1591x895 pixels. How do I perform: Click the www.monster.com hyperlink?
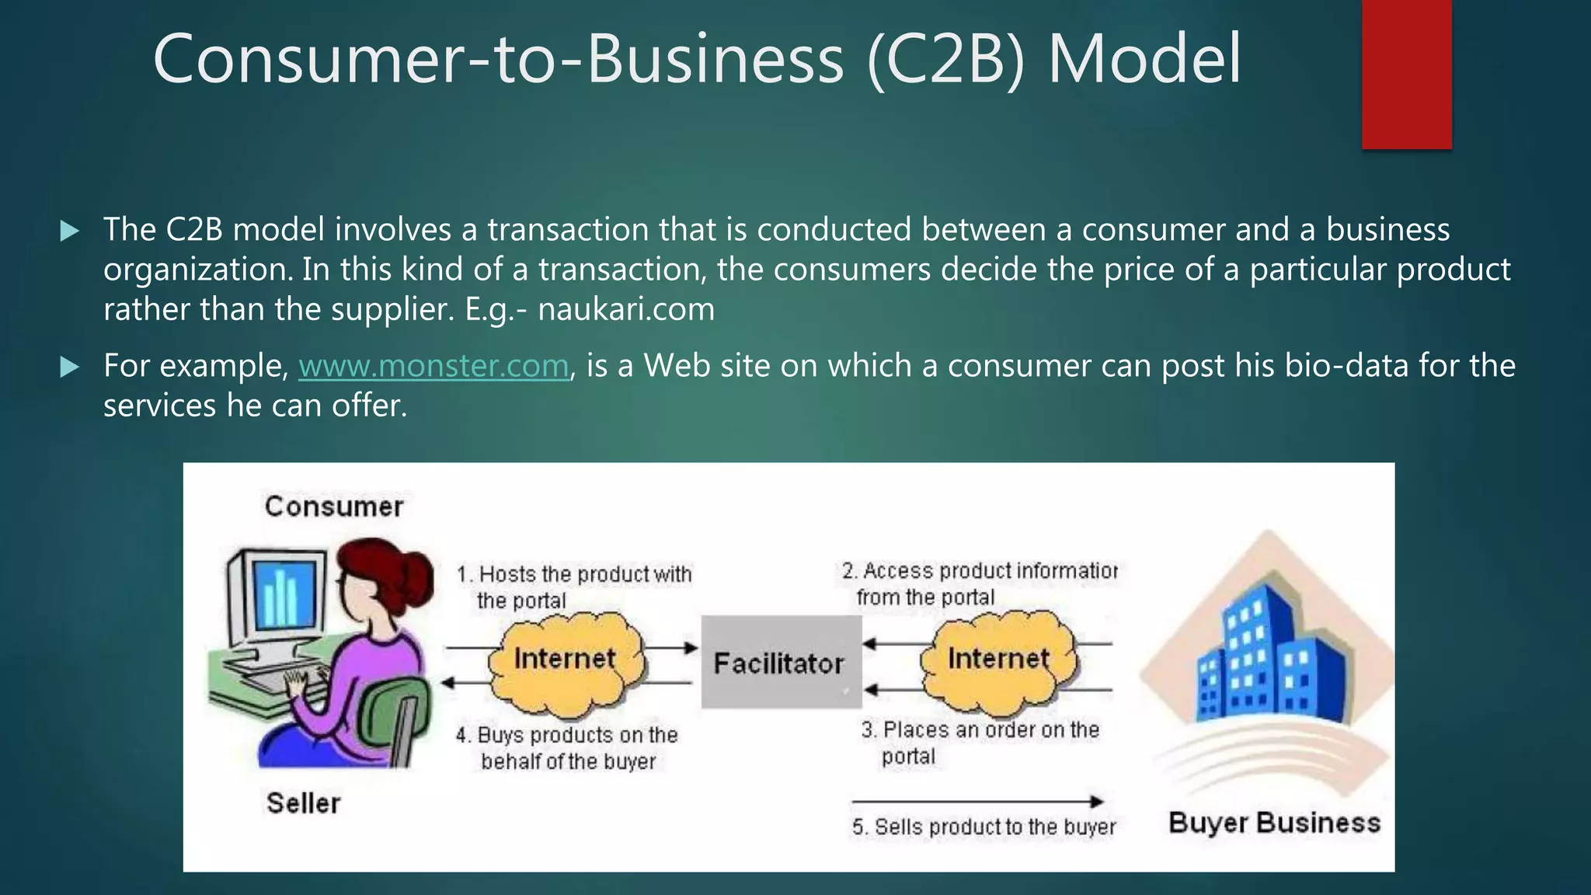tap(433, 366)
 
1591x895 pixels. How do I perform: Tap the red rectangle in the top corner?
tap(1406, 74)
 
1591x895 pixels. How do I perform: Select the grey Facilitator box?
tap(781, 663)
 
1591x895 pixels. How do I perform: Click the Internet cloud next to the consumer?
tap(565, 660)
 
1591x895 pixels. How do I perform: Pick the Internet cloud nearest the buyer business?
tap(998, 660)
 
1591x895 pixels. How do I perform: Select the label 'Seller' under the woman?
tap(303, 803)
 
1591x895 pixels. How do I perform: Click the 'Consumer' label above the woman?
tap(334, 507)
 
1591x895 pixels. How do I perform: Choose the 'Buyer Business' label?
tap(1274, 823)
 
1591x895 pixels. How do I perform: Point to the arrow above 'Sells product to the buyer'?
tap(977, 801)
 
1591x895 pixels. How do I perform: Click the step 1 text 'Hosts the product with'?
tap(584, 574)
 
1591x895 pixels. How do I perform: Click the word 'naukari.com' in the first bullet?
tap(626, 309)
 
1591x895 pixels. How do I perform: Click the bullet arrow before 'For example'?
tap(70, 367)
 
